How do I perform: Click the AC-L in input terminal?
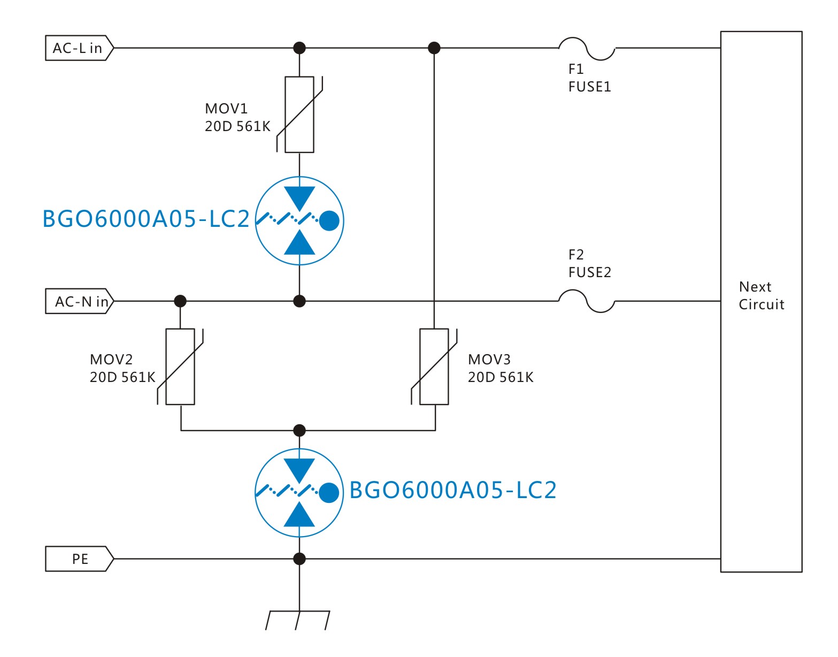79,48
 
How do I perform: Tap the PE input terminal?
79,559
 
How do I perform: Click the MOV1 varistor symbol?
299,114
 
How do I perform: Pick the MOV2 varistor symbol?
180,366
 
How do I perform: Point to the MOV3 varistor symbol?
434,366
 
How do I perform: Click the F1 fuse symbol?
587,48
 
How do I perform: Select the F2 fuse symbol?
587,301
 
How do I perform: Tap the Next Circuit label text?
761,295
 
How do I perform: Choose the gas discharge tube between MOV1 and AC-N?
299,220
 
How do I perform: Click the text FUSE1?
589,87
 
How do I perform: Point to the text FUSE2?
589,272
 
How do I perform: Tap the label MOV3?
489,360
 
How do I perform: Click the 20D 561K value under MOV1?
237,126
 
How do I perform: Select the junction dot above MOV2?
180,301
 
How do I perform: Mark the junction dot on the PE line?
299,559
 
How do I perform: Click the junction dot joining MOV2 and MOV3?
299,430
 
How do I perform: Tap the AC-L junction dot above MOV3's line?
434,48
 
